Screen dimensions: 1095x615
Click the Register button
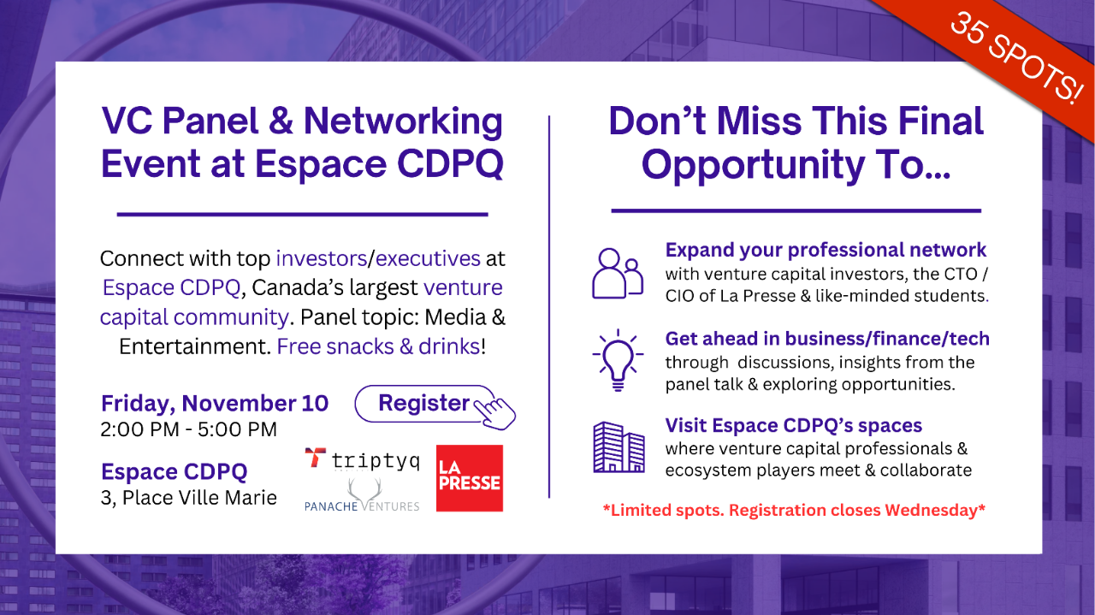click(x=424, y=404)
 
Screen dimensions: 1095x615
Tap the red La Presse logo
click(x=470, y=478)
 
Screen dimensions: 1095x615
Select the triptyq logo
click(x=362, y=459)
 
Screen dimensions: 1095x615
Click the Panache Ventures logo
click(x=362, y=494)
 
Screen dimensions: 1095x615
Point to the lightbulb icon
click(x=618, y=360)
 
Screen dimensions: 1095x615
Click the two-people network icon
click(x=618, y=273)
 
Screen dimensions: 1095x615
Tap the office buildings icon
click(x=619, y=446)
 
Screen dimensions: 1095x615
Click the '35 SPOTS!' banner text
click(x=1016, y=57)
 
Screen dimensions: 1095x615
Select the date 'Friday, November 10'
click(x=215, y=404)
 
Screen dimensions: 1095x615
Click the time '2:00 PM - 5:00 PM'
click(x=189, y=429)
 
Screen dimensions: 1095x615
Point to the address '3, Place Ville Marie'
click(x=189, y=498)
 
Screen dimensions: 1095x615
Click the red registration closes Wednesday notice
click(x=794, y=510)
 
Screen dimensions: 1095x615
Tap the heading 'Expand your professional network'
click(x=826, y=250)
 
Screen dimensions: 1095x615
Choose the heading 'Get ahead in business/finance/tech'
click(x=827, y=339)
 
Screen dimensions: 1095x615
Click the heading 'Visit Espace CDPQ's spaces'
click(x=794, y=425)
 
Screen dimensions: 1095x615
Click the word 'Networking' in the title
click(x=403, y=121)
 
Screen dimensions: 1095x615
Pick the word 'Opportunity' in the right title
click(x=753, y=166)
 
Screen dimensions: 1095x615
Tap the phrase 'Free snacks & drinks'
click(x=379, y=346)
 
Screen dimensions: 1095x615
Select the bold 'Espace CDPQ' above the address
click(x=174, y=472)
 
